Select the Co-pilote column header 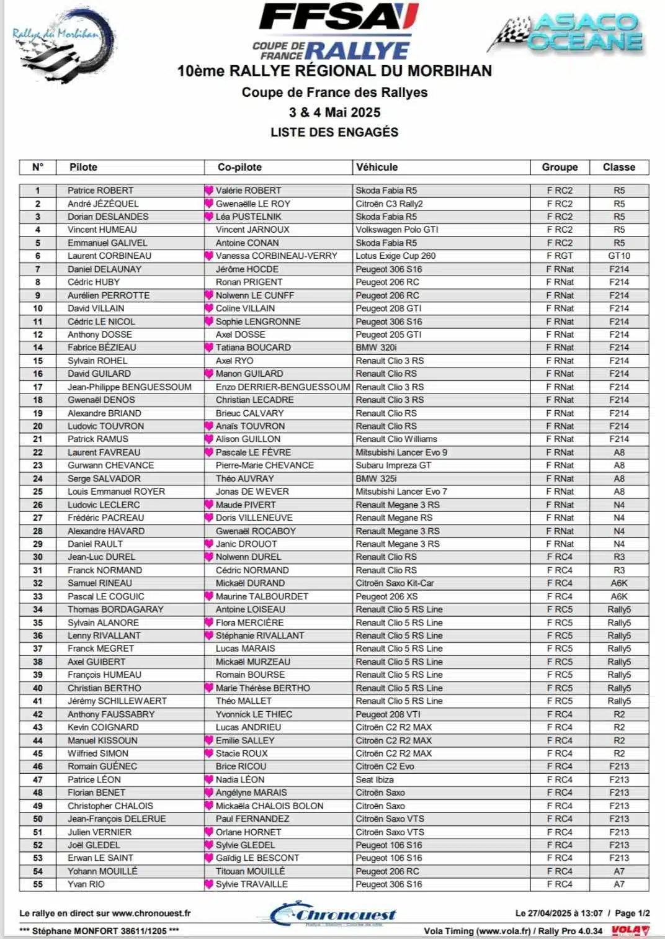click(x=239, y=167)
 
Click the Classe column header click(x=618, y=167)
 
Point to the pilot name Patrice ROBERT click(x=100, y=191)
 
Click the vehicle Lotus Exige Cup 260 click(x=396, y=256)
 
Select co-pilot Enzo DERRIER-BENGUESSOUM click(x=283, y=387)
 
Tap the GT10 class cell click(x=618, y=256)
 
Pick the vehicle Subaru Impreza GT click(x=393, y=465)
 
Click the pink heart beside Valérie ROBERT click(x=209, y=191)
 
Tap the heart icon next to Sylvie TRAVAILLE click(x=209, y=884)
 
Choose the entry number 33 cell click(x=38, y=596)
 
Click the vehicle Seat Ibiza click(x=375, y=780)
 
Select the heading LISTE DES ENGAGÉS click(x=334, y=132)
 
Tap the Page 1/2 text click(x=632, y=913)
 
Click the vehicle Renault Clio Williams click(x=396, y=439)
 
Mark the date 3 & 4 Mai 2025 click(x=334, y=112)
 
